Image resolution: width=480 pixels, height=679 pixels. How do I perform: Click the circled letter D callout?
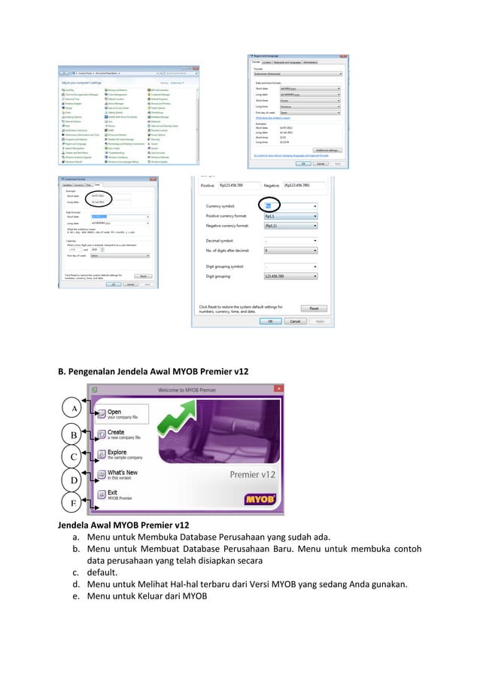(x=74, y=480)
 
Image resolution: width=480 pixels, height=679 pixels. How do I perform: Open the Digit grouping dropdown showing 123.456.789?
(x=289, y=276)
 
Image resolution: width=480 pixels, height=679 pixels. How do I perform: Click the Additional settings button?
(x=326, y=149)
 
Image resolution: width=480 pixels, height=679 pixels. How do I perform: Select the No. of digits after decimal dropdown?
(x=289, y=250)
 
